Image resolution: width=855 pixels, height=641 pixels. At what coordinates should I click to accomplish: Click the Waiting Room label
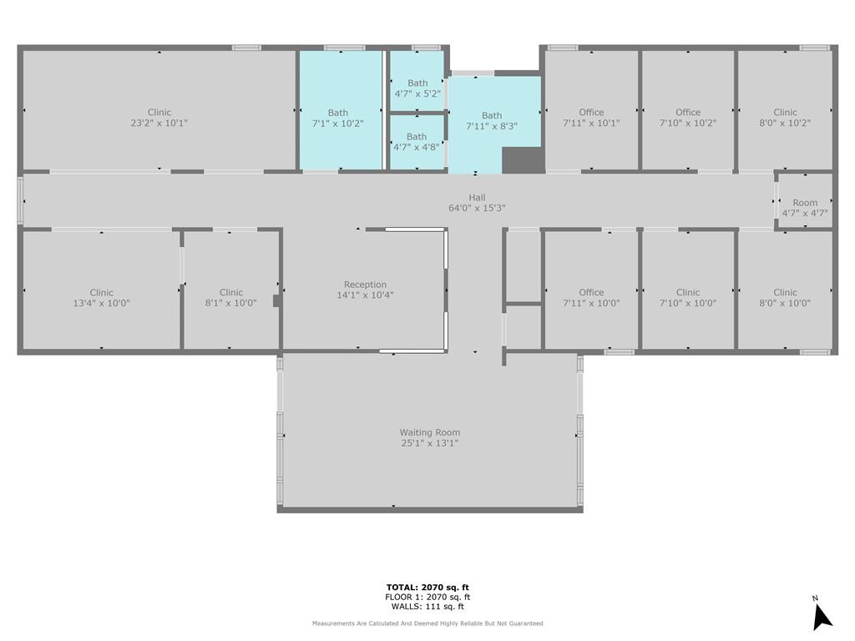click(x=430, y=432)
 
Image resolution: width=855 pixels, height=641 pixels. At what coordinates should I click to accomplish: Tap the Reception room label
click(x=365, y=285)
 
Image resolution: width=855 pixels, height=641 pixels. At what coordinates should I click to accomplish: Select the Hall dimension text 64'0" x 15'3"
click(x=477, y=208)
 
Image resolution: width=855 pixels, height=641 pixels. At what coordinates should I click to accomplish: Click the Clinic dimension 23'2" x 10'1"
click(x=159, y=123)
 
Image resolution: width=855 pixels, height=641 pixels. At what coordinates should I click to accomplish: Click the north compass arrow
click(x=821, y=617)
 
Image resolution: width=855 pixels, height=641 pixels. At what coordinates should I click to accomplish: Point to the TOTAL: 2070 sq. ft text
click(x=427, y=587)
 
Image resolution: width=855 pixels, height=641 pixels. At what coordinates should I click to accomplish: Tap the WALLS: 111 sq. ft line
click(x=427, y=606)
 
